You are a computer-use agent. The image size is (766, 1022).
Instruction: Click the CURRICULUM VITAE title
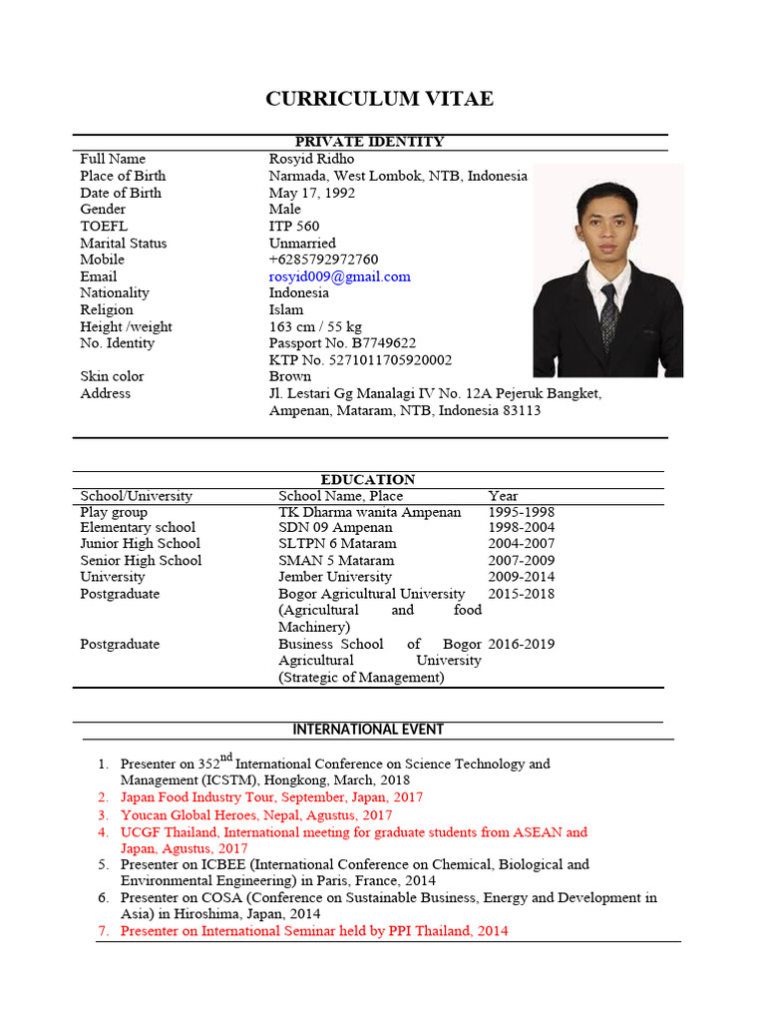(x=379, y=99)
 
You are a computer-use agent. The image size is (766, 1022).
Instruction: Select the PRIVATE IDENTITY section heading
(x=369, y=142)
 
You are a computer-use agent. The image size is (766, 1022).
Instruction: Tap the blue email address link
(x=339, y=276)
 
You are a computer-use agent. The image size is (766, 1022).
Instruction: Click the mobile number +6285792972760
(x=323, y=259)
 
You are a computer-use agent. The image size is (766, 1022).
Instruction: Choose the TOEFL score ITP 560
(x=294, y=226)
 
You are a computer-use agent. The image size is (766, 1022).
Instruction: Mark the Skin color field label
(x=112, y=376)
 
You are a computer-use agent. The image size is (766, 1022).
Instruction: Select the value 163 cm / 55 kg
(x=315, y=326)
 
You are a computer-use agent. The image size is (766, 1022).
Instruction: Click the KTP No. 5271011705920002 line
(x=360, y=360)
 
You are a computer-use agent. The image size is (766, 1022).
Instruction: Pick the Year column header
(x=503, y=496)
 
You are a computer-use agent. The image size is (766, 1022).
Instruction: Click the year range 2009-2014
(x=521, y=577)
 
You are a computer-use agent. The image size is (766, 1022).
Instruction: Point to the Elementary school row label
(x=138, y=527)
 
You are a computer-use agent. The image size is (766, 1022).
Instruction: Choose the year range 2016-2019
(x=521, y=644)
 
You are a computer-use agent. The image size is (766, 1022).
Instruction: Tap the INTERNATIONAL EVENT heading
(x=369, y=730)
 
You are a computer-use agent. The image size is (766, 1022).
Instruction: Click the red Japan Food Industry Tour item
(x=271, y=797)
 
